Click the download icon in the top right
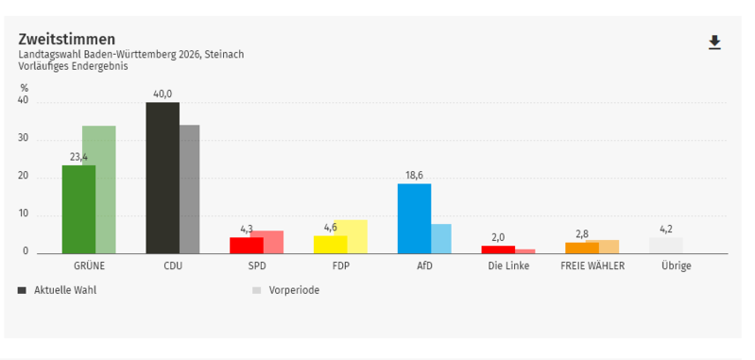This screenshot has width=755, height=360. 714,43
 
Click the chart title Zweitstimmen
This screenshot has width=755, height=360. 67,40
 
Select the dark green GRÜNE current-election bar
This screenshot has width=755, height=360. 79,210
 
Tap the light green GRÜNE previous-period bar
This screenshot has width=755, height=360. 106,190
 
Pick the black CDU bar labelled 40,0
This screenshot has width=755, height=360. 163,178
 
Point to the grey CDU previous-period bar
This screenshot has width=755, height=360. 190,189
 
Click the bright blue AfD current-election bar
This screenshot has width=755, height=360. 414,218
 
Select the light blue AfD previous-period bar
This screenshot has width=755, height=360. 441,239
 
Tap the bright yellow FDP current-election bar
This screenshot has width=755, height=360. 331,245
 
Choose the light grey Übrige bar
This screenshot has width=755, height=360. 666,246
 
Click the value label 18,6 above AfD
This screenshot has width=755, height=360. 414,175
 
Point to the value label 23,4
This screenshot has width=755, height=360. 79,157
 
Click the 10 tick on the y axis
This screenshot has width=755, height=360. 23,214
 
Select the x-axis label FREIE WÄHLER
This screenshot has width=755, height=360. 592,266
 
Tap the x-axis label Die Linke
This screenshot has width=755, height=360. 508,266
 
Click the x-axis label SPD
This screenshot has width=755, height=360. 257,266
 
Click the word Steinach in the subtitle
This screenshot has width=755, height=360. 224,55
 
